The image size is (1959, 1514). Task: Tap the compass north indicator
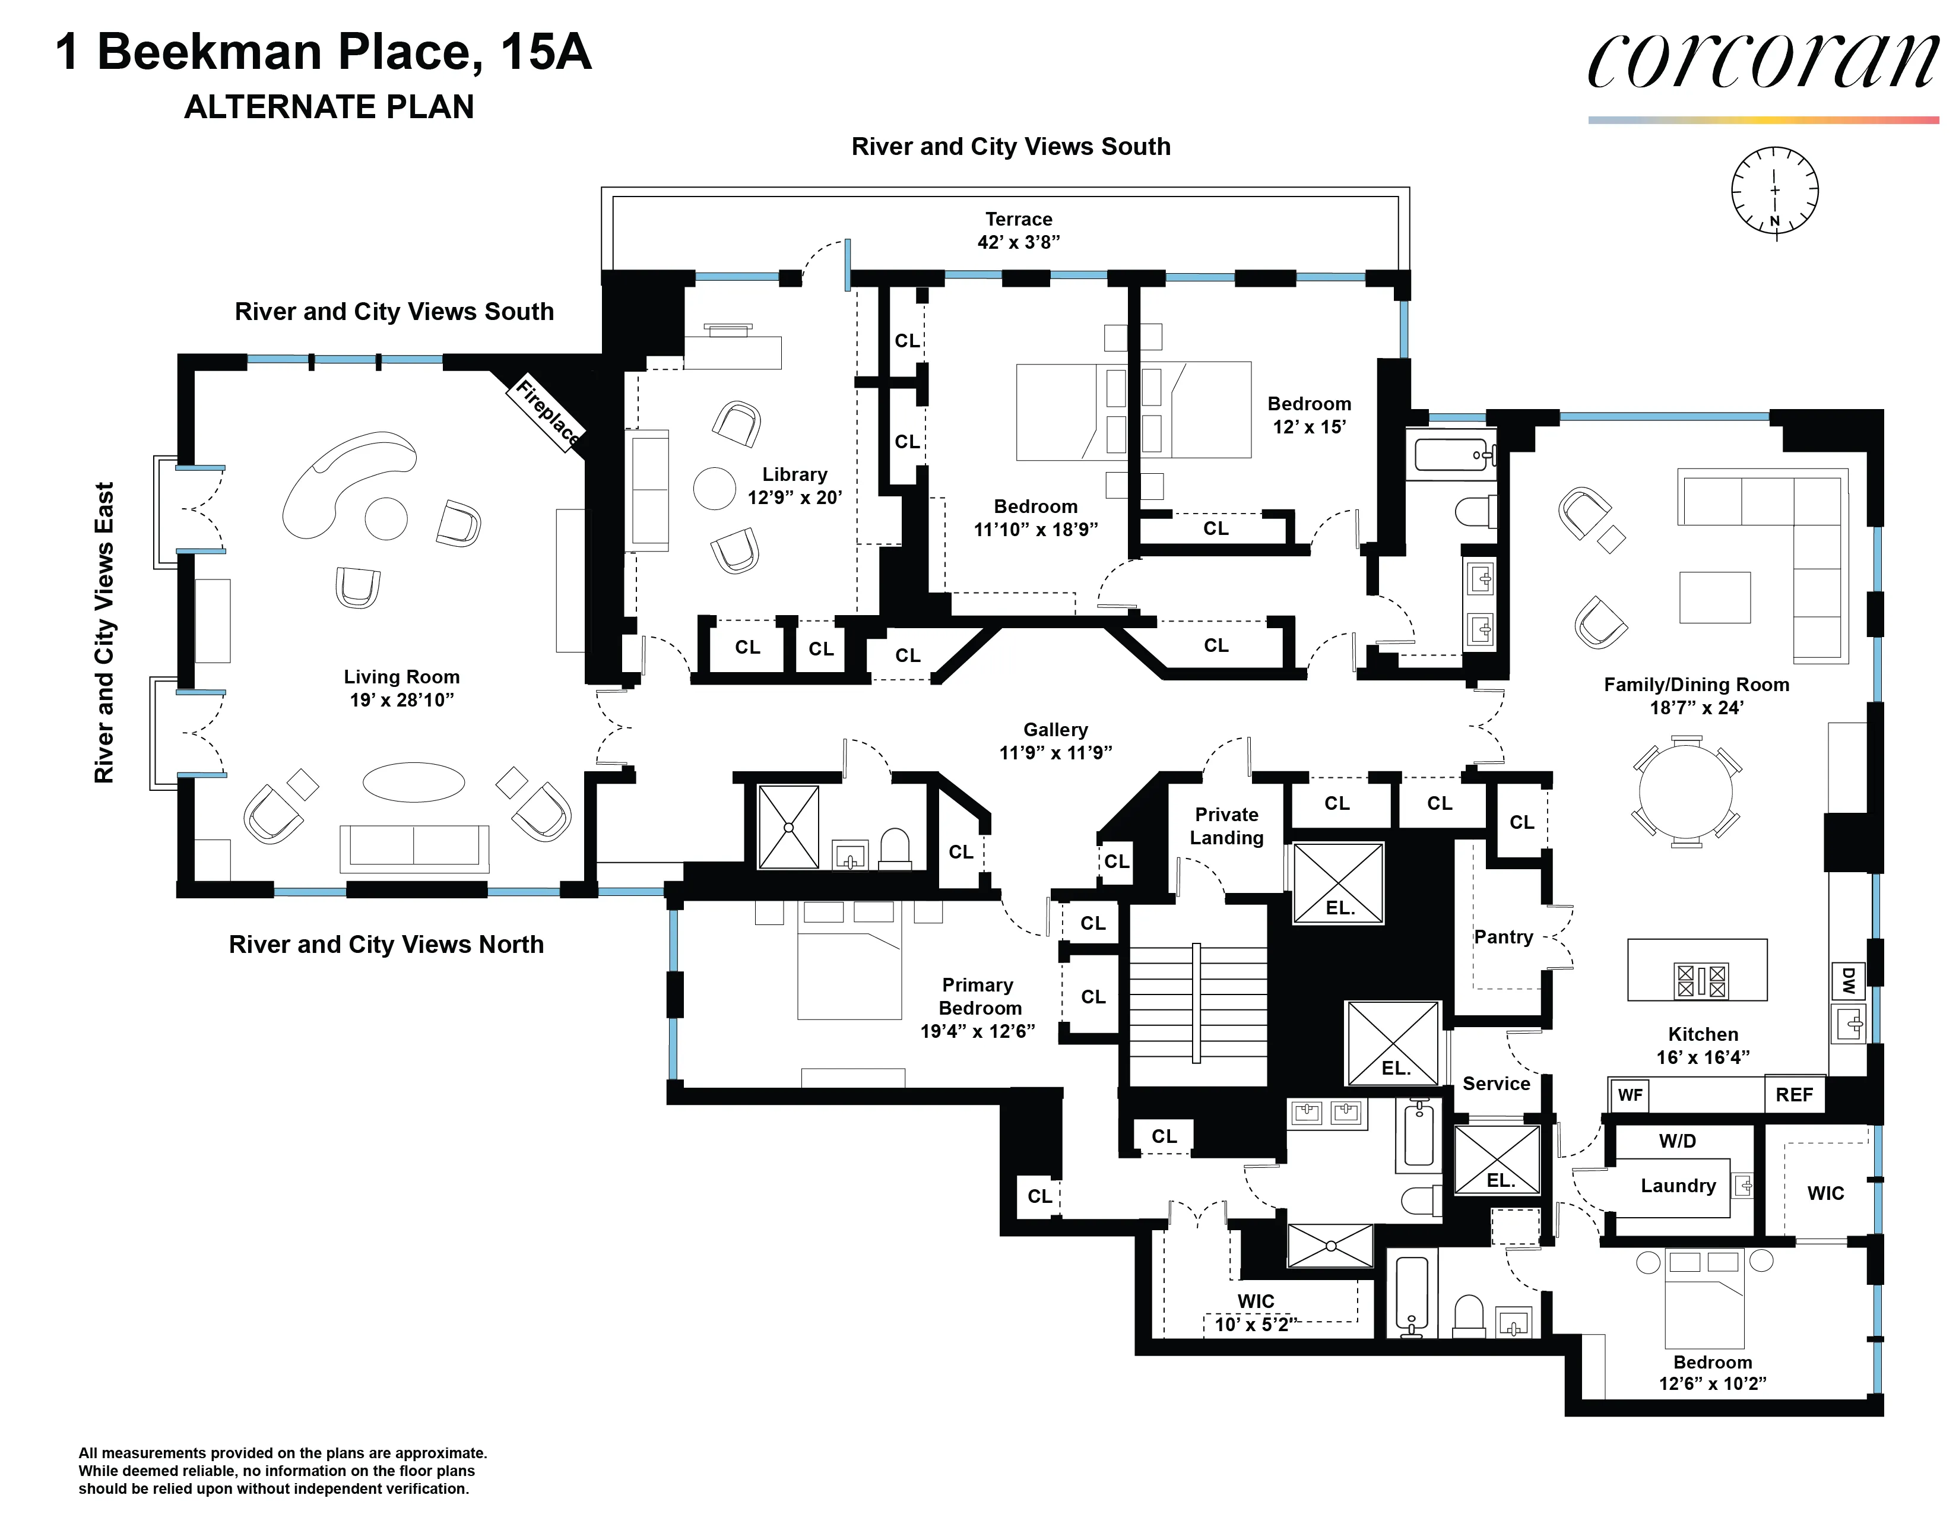1774,221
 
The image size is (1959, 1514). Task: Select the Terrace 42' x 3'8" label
1018,230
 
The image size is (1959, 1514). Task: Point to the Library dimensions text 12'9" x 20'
795,498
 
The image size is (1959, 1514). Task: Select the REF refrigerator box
1794,1094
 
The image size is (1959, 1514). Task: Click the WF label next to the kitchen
1630,1095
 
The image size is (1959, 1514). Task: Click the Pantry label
1503,937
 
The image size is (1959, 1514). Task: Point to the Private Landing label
1226,826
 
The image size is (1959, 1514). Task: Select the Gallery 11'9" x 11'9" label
1055,742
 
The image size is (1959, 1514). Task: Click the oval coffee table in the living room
414,782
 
